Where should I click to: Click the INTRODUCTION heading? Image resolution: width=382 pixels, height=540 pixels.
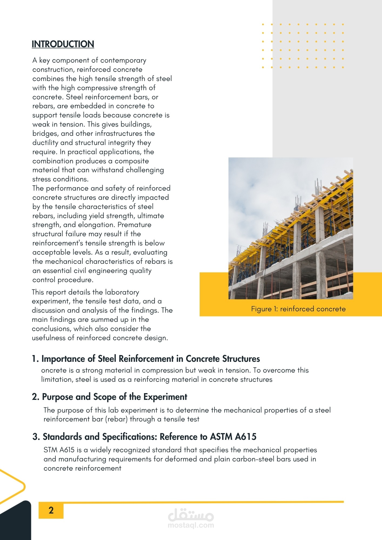(63, 44)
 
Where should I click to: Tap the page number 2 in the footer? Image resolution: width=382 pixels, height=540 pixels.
(51, 510)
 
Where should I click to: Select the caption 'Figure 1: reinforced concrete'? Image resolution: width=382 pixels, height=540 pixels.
(298, 309)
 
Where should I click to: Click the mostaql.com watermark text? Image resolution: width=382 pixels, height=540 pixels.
(191, 525)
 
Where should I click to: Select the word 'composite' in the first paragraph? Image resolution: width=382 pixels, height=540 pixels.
(132, 161)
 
